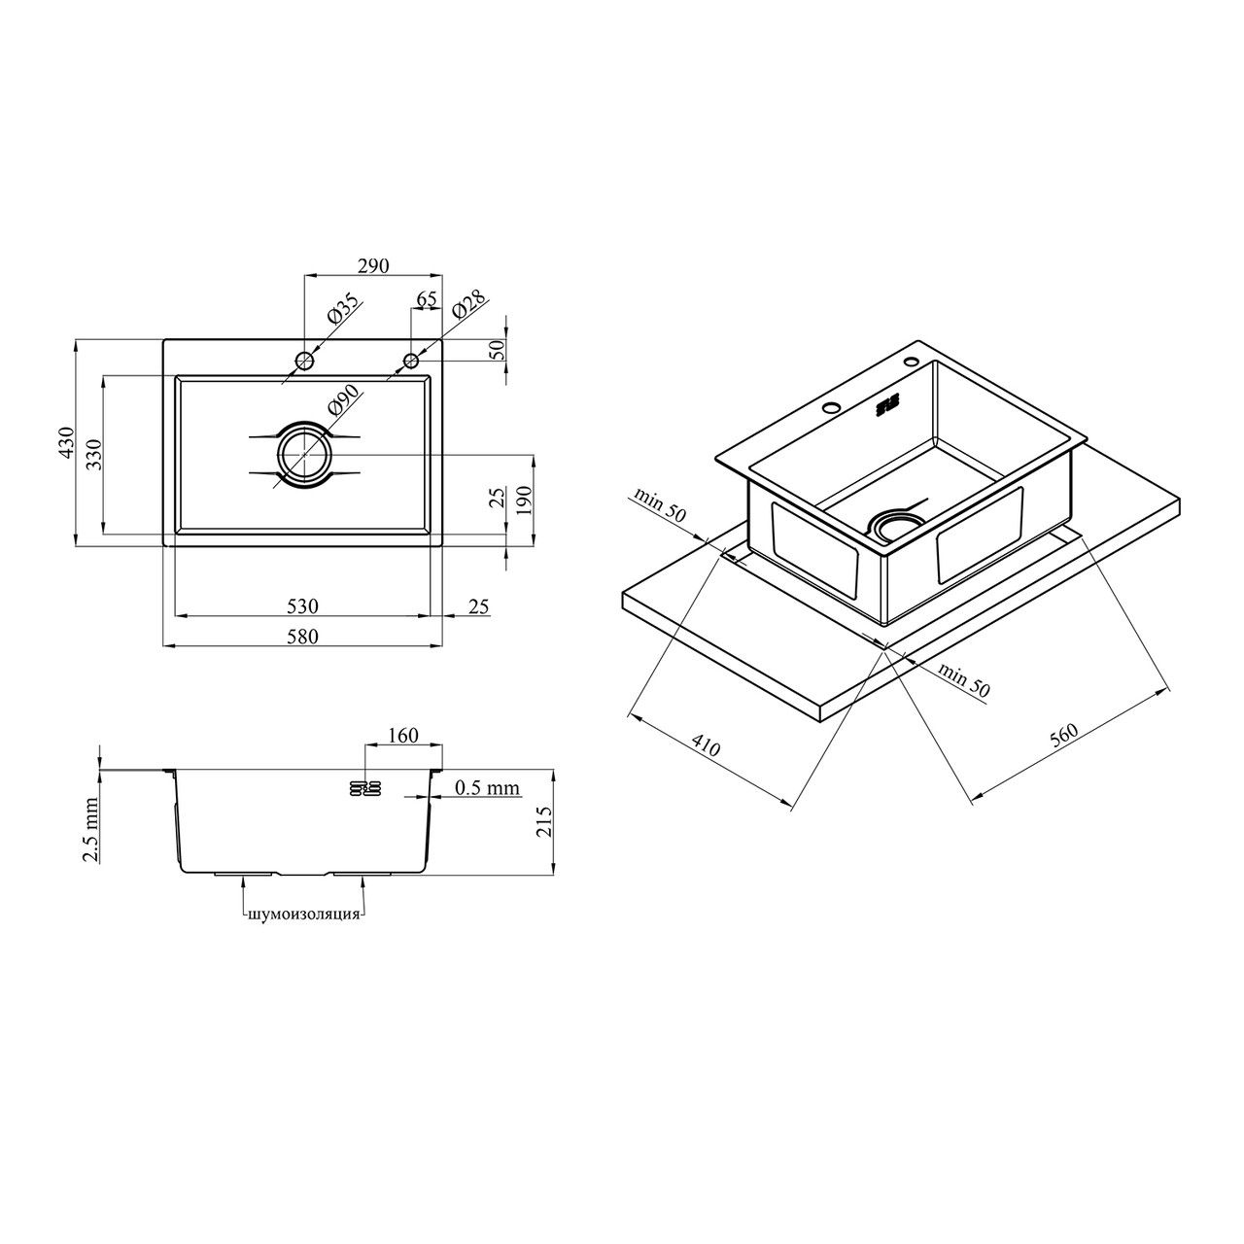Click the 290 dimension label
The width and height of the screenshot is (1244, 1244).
[x=374, y=265]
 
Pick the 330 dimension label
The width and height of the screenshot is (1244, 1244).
[x=94, y=455]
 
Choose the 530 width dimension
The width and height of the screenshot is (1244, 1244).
[x=302, y=606]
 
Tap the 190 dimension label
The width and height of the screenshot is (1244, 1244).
[x=524, y=501]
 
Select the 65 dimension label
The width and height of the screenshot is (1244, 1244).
[x=426, y=299]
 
